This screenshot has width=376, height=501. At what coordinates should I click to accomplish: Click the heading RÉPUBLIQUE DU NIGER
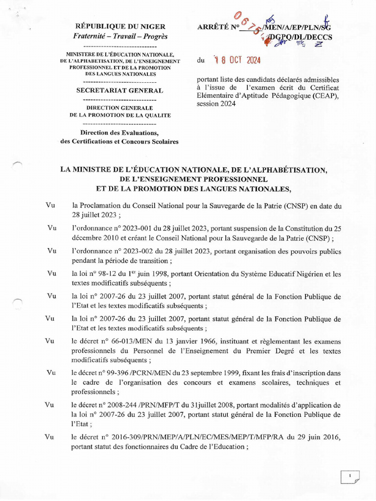tap(120, 26)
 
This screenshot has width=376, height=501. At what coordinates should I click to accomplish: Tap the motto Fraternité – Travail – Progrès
tap(120, 36)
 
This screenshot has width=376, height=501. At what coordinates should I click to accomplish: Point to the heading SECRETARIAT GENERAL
tap(120, 91)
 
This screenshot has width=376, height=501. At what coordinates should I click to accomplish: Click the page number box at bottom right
tap(350, 476)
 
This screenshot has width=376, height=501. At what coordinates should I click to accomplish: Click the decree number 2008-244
tap(120, 405)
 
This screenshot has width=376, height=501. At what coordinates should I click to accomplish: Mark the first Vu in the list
tap(50, 206)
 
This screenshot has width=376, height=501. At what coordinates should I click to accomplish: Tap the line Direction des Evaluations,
tap(120, 133)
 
